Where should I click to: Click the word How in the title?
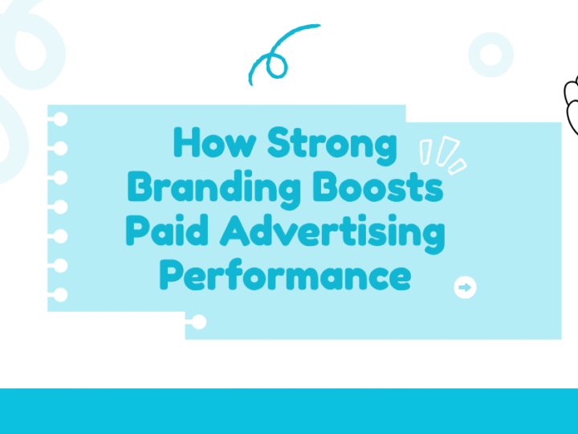click(x=215, y=145)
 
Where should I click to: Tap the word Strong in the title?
click(x=332, y=145)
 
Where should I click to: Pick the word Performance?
click(x=285, y=276)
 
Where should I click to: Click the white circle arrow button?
click(x=465, y=288)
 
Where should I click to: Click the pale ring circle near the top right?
click(x=490, y=55)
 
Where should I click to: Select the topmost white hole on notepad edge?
click(x=60, y=120)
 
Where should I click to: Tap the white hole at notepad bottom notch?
click(x=199, y=323)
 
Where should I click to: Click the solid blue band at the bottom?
click(x=289, y=411)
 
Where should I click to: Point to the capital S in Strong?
click(x=279, y=145)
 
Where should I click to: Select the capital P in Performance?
click(x=172, y=276)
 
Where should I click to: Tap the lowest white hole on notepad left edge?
click(x=60, y=295)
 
